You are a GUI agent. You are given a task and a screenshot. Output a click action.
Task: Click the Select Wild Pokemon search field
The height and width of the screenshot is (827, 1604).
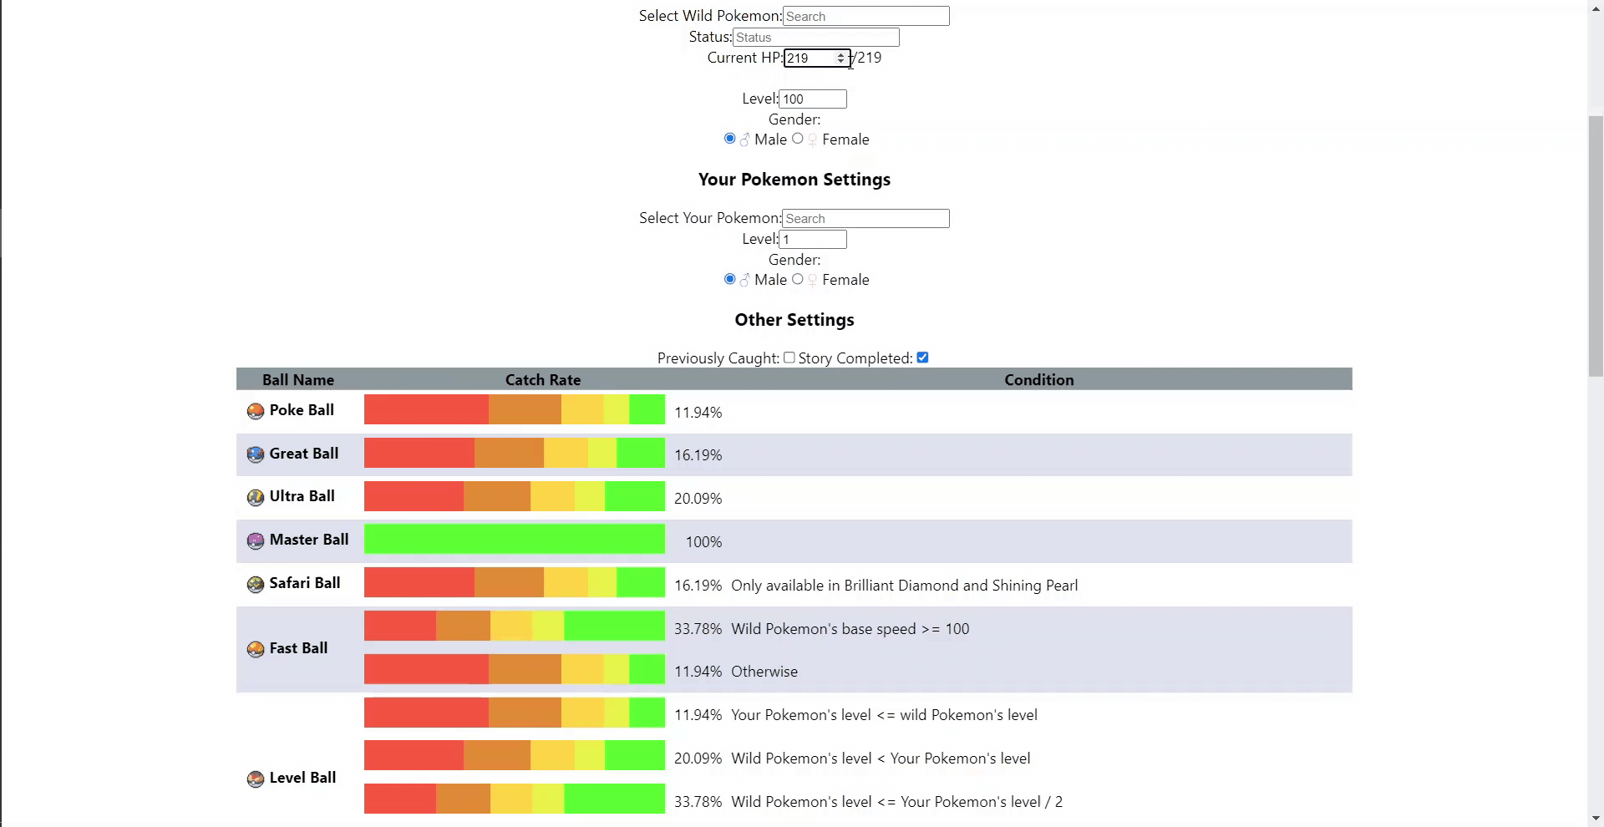click(865, 17)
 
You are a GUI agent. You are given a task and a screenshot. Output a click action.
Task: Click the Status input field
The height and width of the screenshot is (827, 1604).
click(815, 38)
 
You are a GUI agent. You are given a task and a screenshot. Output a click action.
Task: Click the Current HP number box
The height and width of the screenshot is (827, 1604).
click(810, 58)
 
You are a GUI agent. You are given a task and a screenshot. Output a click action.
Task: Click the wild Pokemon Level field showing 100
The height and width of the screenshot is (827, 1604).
click(812, 99)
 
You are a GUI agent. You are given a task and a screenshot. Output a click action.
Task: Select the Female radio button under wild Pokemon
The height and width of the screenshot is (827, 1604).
click(798, 139)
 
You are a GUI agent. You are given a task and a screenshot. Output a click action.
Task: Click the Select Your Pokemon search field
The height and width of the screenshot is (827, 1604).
click(865, 219)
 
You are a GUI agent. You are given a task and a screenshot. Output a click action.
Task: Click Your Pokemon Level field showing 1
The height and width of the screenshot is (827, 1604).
click(812, 240)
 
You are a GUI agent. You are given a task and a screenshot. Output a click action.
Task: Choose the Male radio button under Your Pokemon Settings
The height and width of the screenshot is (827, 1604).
click(730, 279)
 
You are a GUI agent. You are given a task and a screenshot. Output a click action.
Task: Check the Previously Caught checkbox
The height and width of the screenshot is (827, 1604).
click(789, 358)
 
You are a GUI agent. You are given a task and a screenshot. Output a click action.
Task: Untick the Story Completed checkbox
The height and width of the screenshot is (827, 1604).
click(922, 358)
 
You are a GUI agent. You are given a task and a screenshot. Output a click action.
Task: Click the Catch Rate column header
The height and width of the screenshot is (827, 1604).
click(542, 380)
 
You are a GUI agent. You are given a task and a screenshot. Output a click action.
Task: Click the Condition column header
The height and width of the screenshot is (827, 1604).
click(1038, 380)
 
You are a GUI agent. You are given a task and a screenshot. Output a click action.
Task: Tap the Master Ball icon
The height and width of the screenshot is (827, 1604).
click(256, 541)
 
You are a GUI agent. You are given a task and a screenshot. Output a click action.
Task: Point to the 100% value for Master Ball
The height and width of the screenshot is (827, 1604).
click(703, 542)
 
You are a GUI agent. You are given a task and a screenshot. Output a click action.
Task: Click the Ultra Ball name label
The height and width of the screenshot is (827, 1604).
click(302, 496)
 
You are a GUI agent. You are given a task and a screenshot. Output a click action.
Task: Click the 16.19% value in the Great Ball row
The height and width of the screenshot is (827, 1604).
click(698, 455)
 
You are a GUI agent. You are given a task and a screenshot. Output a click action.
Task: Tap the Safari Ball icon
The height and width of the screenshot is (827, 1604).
click(256, 585)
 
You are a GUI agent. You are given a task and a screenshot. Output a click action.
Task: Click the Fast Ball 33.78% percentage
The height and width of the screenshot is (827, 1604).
click(698, 629)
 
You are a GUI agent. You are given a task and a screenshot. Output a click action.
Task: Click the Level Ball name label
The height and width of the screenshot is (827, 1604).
click(302, 778)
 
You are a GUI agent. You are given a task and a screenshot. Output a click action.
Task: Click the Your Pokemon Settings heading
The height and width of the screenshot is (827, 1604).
click(794, 180)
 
